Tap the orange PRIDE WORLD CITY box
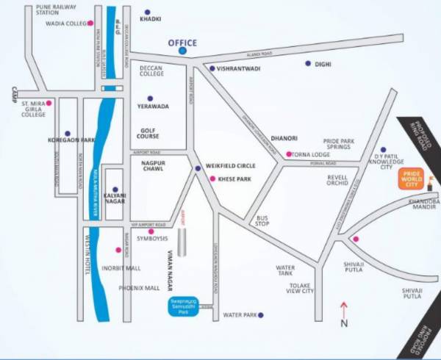410,178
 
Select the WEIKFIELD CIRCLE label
230,168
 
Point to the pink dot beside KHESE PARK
212,179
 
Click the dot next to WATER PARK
260,315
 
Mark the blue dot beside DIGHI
308,64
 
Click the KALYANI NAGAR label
115,198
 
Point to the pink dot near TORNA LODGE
289,154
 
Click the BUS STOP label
262,221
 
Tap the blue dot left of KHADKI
147,12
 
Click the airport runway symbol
182,241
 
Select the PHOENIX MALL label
139,288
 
